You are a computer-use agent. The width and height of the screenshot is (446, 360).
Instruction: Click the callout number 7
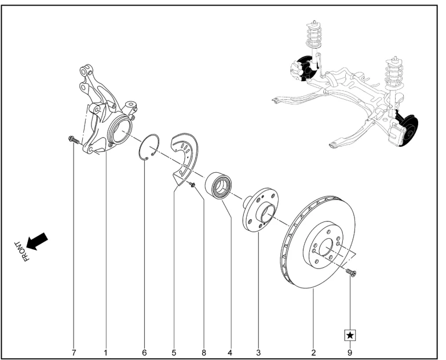click(x=74, y=351)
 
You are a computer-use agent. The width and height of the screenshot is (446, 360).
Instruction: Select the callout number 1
click(x=106, y=351)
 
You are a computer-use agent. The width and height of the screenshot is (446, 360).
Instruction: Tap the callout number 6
click(x=145, y=351)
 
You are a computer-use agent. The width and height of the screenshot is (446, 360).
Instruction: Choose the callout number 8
click(x=203, y=351)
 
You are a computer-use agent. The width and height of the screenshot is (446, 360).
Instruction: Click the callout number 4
click(x=230, y=351)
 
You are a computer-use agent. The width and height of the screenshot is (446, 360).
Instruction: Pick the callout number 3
click(x=258, y=351)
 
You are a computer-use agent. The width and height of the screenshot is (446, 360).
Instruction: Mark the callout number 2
click(x=313, y=351)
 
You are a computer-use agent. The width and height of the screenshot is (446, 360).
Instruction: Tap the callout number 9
click(x=350, y=351)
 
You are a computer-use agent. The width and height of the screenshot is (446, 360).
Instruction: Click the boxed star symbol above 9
click(x=350, y=334)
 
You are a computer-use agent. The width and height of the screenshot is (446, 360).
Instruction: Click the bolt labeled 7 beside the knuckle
click(x=72, y=139)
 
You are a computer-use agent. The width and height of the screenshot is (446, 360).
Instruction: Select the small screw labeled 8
click(x=192, y=184)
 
